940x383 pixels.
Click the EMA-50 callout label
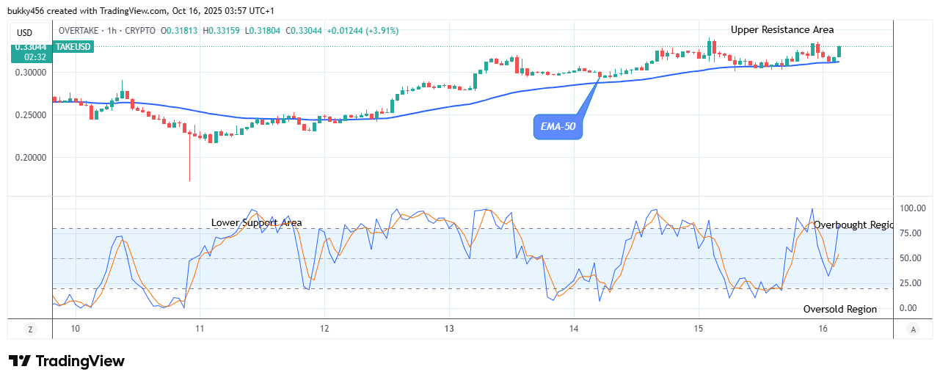(x=557, y=128)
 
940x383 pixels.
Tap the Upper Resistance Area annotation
(x=781, y=30)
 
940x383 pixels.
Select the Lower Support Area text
(x=256, y=222)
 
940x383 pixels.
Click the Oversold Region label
(x=839, y=309)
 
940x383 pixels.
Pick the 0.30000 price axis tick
(x=30, y=73)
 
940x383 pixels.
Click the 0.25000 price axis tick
(x=30, y=115)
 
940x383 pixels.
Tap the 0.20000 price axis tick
(x=30, y=157)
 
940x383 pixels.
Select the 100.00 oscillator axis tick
(x=914, y=208)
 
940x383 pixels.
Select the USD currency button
(x=25, y=32)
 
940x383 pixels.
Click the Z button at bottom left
(x=30, y=329)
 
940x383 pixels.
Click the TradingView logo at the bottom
(x=67, y=361)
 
